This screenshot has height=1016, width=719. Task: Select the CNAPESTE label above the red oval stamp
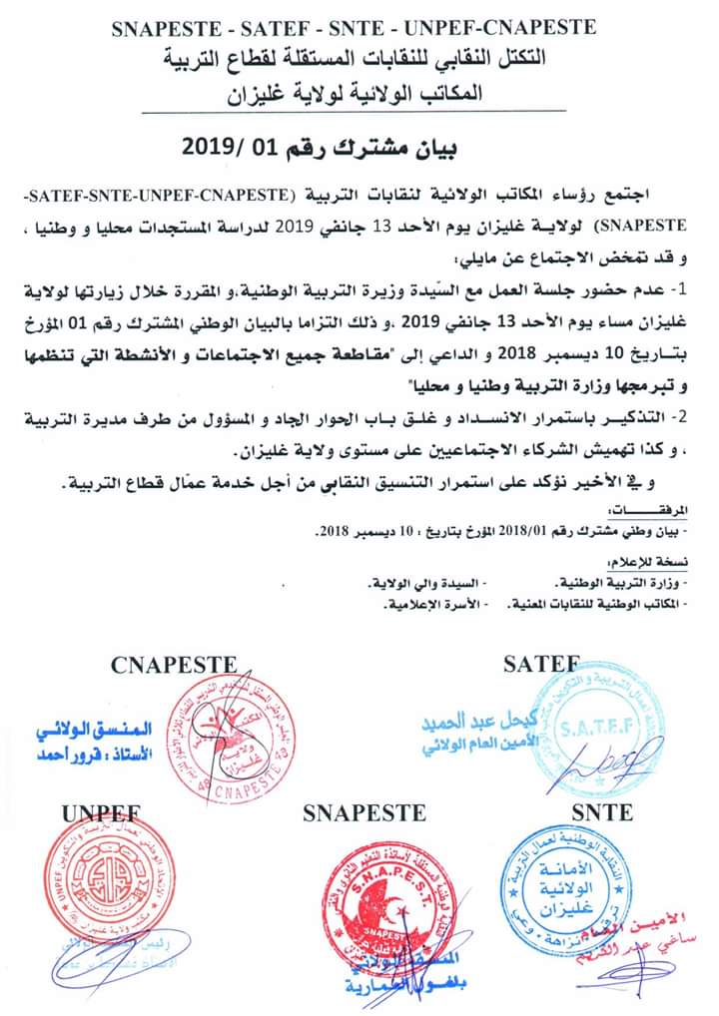(x=174, y=664)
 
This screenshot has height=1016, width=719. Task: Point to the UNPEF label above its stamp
(x=99, y=812)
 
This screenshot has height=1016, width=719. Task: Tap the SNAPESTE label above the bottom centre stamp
(x=359, y=813)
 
